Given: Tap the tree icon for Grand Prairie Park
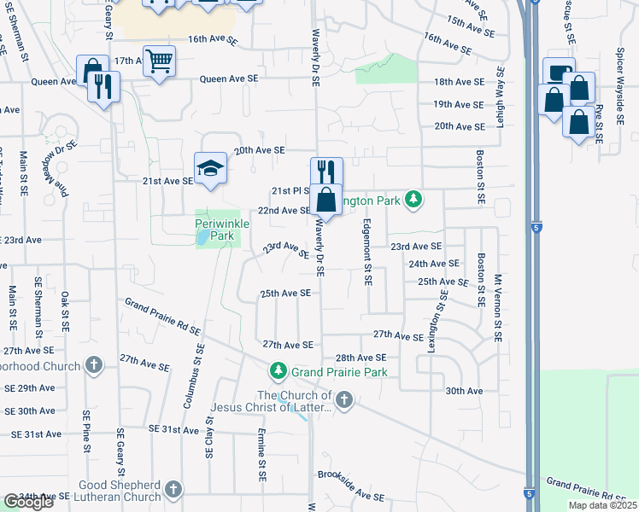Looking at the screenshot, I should pos(278,371).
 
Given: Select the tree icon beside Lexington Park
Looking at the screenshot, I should pos(413,200).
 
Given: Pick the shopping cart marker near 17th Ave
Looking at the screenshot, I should pos(159,61).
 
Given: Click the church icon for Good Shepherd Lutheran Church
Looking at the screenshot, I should pos(173,490).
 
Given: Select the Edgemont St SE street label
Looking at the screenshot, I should pos(367,253).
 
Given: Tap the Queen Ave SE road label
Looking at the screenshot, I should pos(228,79).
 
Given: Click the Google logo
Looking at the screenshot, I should pos(28,502).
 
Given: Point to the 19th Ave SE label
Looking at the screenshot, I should pos(459,104).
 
